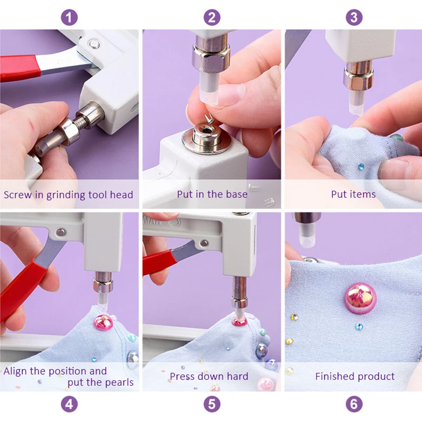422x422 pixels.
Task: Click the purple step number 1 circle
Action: pos(70,17)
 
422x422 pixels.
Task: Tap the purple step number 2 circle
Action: pos(212,17)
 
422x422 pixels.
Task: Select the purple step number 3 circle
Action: pos(354,17)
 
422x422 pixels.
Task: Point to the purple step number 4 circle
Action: pos(70,404)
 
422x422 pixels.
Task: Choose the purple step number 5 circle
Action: pos(212,404)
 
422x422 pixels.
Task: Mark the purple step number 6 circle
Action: pos(354,404)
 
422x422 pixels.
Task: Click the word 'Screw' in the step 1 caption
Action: pos(17,195)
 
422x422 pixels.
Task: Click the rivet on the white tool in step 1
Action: pos(94,44)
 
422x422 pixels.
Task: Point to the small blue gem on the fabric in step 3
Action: pos(361,167)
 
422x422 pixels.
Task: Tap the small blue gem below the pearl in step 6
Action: pos(359,327)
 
